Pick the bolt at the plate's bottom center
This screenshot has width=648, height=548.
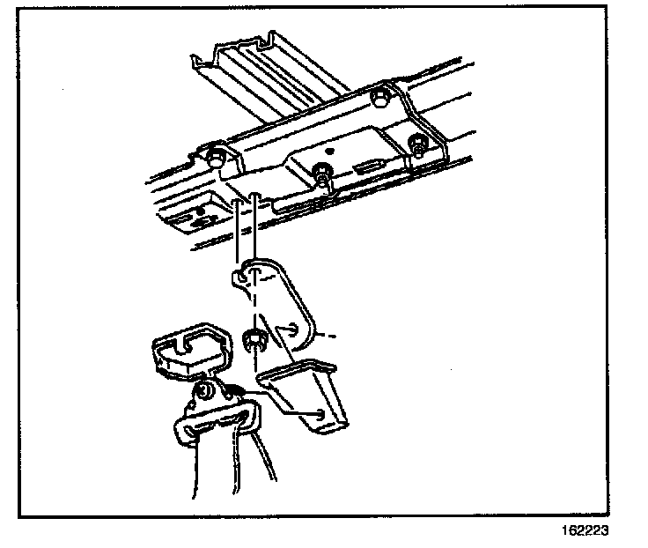pyautogui.click(x=324, y=177)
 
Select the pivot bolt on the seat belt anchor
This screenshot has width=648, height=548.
pyautogui.click(x=202, y=393)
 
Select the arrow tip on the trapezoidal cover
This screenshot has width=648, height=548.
pyautogui.click(x=326, y=414)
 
